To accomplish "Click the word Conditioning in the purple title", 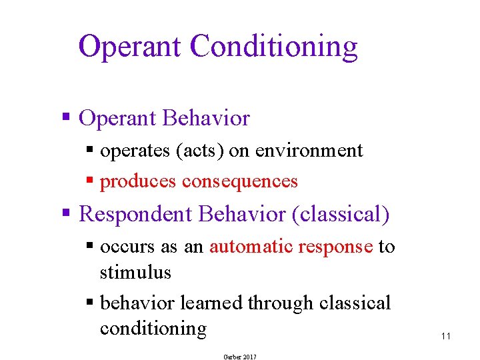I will pos(273,47).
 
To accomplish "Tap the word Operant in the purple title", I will pos(130,47).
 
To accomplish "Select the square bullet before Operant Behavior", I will pos(66,118).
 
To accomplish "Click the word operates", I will pos(135,151).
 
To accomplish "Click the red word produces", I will pos(138,181).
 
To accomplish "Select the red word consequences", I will pos(240,181).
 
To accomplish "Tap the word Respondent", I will pos(136,214).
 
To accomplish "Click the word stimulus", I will pos(135,272).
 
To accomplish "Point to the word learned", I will pos(212,303).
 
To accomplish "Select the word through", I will pos(281,303).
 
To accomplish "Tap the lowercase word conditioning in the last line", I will pos(153,328).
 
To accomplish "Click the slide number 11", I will pos(446,336).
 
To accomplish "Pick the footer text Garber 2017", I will pos(239,357).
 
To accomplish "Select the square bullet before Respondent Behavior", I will pos(66,214).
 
